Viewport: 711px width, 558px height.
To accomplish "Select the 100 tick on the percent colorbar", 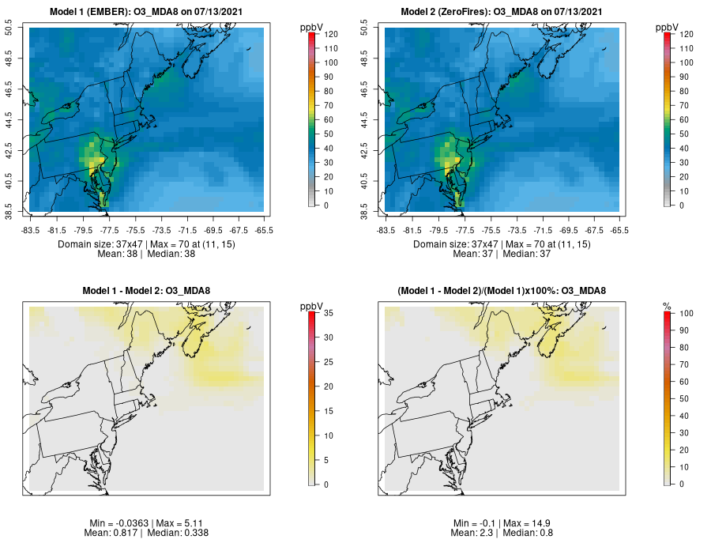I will click(x=687, y=314).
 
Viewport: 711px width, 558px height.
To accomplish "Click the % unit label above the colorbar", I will click(x=667, y=307).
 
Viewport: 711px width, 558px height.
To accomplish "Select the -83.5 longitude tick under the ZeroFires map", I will click(x=386, y=230).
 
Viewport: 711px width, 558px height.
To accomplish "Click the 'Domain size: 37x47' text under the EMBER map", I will click(x=101, y=244).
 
